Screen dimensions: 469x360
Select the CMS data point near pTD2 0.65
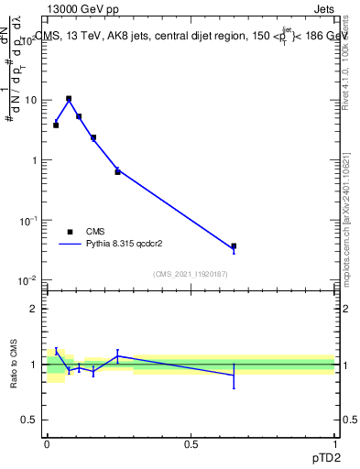(234, 246)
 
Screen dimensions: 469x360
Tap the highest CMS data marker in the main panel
(69, 98)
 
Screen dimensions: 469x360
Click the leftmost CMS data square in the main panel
(56, 125)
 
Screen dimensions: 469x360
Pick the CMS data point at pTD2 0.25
(117, 171)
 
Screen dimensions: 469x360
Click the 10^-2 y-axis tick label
(30, 279)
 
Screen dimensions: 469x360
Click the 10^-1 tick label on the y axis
(30, 220)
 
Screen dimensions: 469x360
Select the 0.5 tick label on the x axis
(191, 443)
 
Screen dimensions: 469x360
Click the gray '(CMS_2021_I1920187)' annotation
(191, 273)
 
